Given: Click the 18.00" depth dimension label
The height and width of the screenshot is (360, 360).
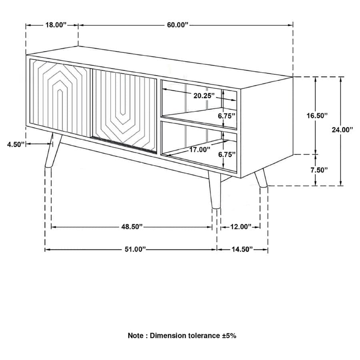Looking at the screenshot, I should pos(55,25).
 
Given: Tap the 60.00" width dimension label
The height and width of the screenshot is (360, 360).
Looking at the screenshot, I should pos(177,25).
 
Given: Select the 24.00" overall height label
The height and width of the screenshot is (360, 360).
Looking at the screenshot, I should pos(342,129).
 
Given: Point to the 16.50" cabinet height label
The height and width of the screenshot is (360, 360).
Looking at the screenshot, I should pos(317,116).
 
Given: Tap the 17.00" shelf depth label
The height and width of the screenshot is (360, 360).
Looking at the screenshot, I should pos(200,150).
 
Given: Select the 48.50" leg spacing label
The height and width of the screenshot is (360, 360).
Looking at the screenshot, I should pos(132,227).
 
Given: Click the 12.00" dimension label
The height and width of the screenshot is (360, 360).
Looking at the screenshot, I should pos(240,227).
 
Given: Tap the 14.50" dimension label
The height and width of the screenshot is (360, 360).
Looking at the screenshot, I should pos(242,249).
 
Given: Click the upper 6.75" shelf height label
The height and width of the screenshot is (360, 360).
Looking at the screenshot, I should pos(226,116).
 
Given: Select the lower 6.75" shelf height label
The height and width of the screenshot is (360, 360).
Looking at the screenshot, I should pos(226,154).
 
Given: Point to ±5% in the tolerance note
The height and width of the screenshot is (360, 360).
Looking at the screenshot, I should pos(229,336).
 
